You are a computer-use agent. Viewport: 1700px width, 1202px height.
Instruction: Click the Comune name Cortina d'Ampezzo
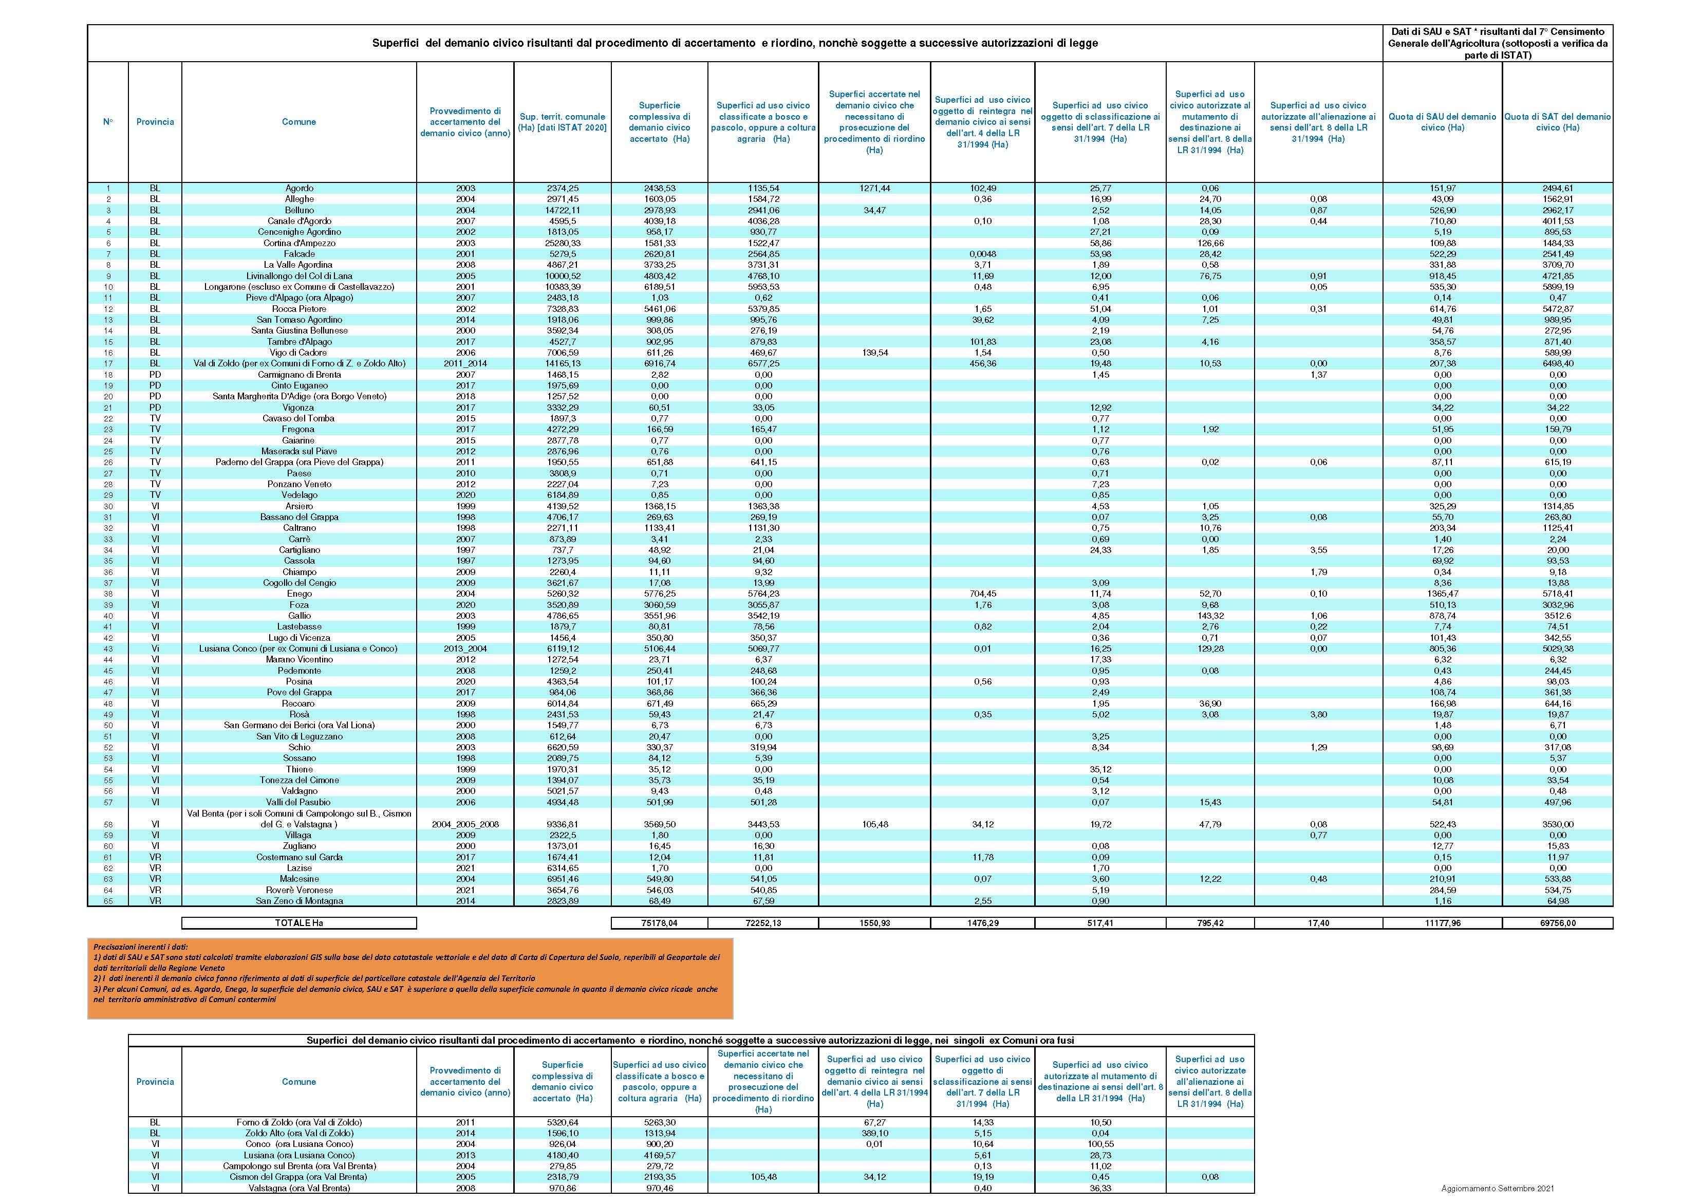pyautogui.click(x=299, y=243)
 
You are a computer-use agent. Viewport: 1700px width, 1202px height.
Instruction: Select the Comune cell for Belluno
pyautogui.click(x=299, y=210)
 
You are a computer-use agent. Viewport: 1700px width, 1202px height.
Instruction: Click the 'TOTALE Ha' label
pyautogui.click(x=299, y=923)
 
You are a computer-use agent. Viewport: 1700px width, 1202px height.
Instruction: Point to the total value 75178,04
pyautogui.click(x=659, y=923)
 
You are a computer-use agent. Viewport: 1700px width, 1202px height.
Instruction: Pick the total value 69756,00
pyautogui.click(x=1558, y=923)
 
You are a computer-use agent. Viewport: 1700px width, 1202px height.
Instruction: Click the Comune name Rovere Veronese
pyautogui.click(x=299, y=890)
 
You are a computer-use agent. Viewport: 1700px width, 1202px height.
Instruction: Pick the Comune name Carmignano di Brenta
pyautogui.click(x=299, y=375)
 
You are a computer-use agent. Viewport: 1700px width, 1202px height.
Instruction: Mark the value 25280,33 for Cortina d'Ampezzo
pyautogui.click(x=562, y=243)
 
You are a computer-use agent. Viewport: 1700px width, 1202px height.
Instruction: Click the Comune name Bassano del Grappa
pyautogui.click(x=299, y=517)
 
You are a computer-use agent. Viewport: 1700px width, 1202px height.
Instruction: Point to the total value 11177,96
pyautogui.click(x=1442, y=923)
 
